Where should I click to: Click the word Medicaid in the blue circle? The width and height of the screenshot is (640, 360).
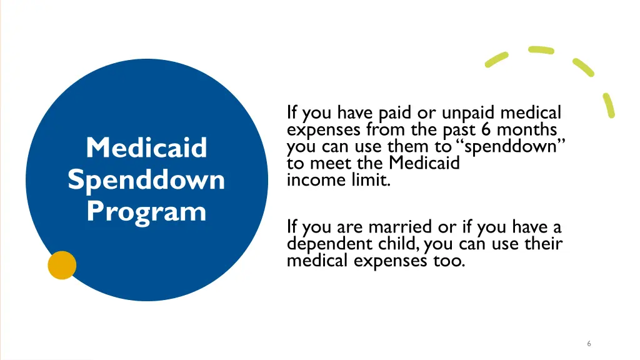[x=146, y=148]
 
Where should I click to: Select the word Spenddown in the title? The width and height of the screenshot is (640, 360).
[x=146, y=180]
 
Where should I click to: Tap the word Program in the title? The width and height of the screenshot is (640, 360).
[x=146, y=211]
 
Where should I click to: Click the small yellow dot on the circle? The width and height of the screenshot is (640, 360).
[x=62, y=265]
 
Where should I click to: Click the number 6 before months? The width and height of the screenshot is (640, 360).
[x=485, y=130]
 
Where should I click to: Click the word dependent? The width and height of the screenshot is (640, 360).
[x=325, y=244]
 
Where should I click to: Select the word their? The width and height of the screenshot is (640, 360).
[x=543, y=243]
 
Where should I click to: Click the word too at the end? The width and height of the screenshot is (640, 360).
[x=449, y=260]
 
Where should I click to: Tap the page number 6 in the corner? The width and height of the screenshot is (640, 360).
[x=589, y=343]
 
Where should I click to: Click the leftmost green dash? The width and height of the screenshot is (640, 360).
[x=497, y=59]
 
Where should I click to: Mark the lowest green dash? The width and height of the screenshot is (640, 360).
[x=609, y=105]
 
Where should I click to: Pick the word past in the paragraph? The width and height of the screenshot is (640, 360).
[x=459, y=130]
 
